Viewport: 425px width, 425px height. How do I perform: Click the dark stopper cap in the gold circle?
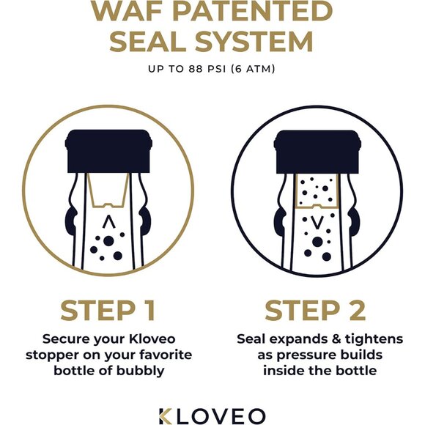click(x=107, y=151)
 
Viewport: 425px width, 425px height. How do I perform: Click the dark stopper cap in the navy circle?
click(x=316, y=151)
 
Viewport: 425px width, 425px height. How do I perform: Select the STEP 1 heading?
click(x=108, y=311)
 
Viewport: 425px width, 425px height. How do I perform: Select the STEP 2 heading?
click(x=316, y=311)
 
